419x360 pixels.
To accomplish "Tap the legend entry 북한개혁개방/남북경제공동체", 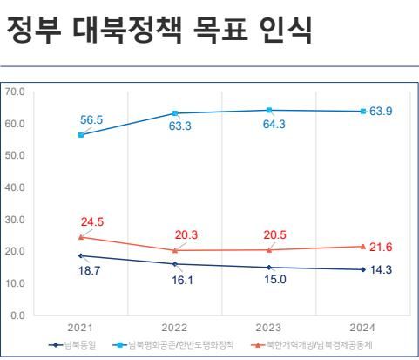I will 307,345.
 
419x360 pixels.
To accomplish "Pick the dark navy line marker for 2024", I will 363,269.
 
